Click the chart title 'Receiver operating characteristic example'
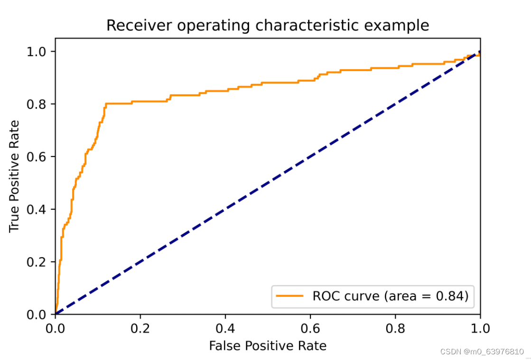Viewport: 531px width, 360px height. coord(268,25)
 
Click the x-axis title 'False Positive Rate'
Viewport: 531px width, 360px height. coord(268,346)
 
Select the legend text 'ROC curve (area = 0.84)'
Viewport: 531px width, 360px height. coord(391,296)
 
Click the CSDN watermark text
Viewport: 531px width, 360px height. coord(482,351)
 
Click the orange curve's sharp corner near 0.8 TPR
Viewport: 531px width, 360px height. coord(106,103)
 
